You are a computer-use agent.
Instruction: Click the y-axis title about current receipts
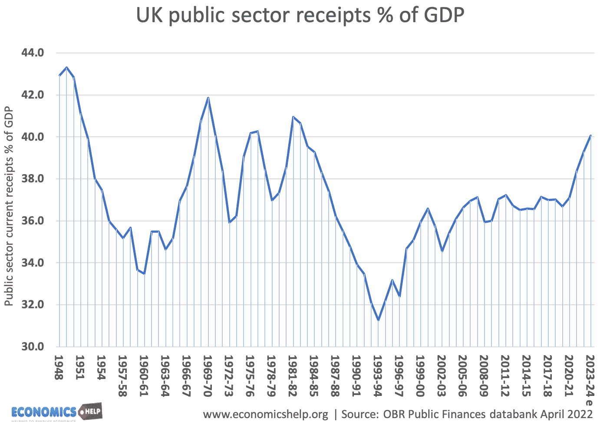pos(9,206)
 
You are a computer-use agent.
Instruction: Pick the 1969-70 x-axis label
pos(208,376)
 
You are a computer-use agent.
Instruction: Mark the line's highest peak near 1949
pos(66,67)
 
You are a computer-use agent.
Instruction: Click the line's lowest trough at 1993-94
pos(379,320)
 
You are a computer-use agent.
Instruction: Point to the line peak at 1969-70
pos(208,98)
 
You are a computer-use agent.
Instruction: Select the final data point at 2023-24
pos(591,135)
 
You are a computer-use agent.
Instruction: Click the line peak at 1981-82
pos(293,117)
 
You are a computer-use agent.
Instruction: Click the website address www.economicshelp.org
pos(266,414)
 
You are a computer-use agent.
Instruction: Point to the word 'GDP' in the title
pos(442,16)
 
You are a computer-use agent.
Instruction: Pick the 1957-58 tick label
pos(122,376)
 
